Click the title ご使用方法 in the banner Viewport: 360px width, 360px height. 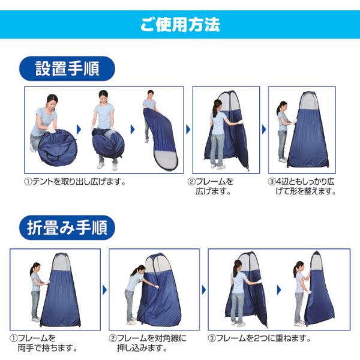coord(180,25)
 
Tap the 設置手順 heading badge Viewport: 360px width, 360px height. coord(67,68)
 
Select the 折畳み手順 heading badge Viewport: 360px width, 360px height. coord(67,227)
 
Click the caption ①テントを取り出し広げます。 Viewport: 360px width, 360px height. coord(75,182)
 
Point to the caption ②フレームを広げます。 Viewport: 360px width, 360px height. coord(211,186)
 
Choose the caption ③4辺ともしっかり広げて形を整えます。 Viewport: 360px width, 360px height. coord(302,186)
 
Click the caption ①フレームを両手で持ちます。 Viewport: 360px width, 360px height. coord(43,343)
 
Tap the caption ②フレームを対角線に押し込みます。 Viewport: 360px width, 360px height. coord(148,343)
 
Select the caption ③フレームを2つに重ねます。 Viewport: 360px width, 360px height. coord(259,338)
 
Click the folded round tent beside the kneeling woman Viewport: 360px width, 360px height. coord(58,148)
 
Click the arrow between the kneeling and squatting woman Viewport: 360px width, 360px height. coord(79,130)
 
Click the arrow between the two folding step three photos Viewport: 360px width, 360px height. coord(279,290)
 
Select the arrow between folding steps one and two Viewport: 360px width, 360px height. coord(104,290)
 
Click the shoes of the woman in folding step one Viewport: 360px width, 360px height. coord(36,319)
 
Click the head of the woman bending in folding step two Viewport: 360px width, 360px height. coord(140,269)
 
